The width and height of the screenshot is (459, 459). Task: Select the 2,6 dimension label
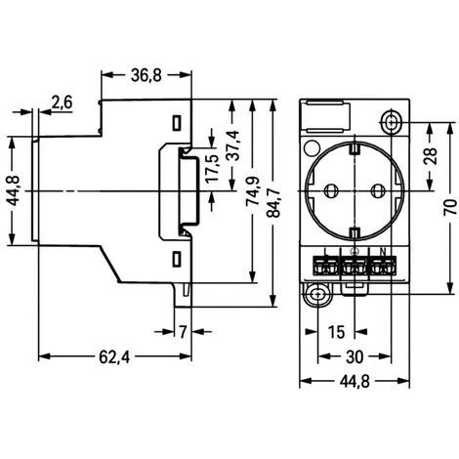(61, 103)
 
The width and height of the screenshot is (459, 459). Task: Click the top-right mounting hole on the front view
(392, 121)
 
